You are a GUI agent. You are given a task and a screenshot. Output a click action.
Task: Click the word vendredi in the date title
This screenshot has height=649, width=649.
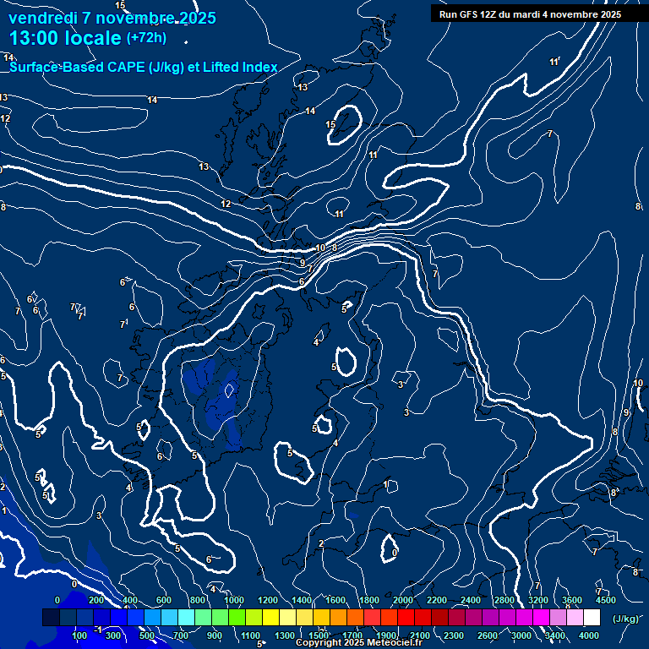42,18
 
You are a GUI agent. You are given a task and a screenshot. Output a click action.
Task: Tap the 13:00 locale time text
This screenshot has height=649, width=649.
64,38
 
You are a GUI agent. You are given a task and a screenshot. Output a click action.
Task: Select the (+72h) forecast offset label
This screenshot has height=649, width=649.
146,38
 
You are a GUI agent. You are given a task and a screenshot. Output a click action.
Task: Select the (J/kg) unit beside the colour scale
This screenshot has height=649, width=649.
625,619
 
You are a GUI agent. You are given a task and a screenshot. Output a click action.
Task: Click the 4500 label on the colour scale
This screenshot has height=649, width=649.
606,600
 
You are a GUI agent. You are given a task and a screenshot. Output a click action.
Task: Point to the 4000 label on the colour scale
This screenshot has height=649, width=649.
590,635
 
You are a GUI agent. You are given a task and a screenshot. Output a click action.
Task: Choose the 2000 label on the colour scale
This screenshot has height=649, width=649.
404,600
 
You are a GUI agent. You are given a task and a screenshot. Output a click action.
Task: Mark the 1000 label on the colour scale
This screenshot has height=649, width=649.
234,600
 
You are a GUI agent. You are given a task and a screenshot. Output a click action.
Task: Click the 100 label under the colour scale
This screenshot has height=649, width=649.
80,635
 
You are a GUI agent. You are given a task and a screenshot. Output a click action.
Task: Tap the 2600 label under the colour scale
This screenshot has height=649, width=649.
488,635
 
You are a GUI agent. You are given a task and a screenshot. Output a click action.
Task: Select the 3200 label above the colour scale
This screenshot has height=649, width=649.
538,600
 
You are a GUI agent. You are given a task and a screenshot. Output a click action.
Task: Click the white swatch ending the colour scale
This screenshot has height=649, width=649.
592,618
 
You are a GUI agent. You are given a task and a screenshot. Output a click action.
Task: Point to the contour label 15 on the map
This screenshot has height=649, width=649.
331,125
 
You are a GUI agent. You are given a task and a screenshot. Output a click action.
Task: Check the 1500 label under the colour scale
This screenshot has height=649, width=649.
319,635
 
